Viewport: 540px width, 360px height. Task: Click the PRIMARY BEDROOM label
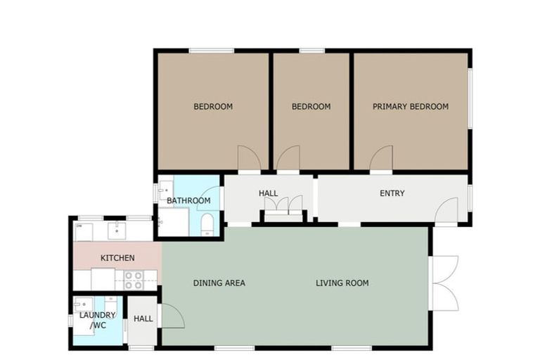[410, 107]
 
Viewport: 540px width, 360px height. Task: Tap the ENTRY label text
[392, 193]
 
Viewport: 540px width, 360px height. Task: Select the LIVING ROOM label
[342, 283]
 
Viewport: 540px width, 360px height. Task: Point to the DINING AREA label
[219, 283]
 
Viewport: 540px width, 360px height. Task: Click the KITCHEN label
[117, 258]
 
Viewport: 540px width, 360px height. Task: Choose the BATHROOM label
[188, 201]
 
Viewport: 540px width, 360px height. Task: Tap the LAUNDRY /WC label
[97, 320]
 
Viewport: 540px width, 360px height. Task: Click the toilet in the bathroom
[208, 224]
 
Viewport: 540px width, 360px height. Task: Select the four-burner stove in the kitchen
[134, 280]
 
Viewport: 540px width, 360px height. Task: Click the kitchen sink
[117, 229]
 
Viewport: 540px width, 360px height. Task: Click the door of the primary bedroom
[380, 159]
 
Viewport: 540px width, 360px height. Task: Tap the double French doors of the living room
[445, 283]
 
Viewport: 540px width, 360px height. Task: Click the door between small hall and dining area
[172, 316]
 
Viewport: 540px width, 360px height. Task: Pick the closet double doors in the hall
[283, 205]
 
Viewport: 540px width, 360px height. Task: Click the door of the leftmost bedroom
[249, 158]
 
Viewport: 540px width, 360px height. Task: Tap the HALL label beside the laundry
[143, 319]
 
